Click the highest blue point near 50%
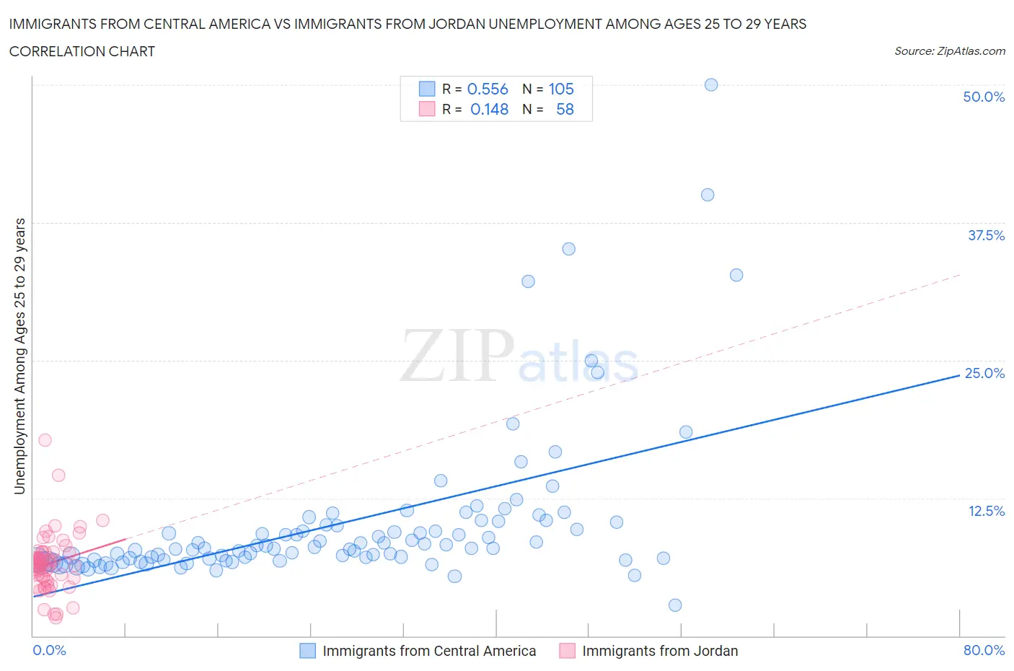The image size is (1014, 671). tap(711, 84)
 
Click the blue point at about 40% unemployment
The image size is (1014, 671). tap(707, 195)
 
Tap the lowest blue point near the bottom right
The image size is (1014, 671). tap(675, 605)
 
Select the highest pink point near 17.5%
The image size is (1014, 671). tap(45, 439)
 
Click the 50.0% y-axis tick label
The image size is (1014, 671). tap(984, 97)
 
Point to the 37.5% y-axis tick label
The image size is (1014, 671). tap(986, 235)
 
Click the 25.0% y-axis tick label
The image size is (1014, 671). tap(984, 373)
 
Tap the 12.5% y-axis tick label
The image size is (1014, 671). tap(986, 511)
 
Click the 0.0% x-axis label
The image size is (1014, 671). tap(49, 650)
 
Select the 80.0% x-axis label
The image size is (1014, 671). tap(984, 650)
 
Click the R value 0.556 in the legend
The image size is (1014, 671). tap(488, 89)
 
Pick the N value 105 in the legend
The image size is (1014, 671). tap(561, 89)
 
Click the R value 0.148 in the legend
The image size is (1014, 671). tap(489, 109)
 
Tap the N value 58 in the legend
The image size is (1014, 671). tap(565, 109)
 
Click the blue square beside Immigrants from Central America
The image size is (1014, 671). tap(307, 650)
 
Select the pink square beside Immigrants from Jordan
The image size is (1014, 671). tap(568, 650)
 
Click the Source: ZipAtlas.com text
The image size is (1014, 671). tap(949, 51)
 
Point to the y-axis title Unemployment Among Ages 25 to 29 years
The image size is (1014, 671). tap(19, 356)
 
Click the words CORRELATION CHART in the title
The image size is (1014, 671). tap(82, 51)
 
